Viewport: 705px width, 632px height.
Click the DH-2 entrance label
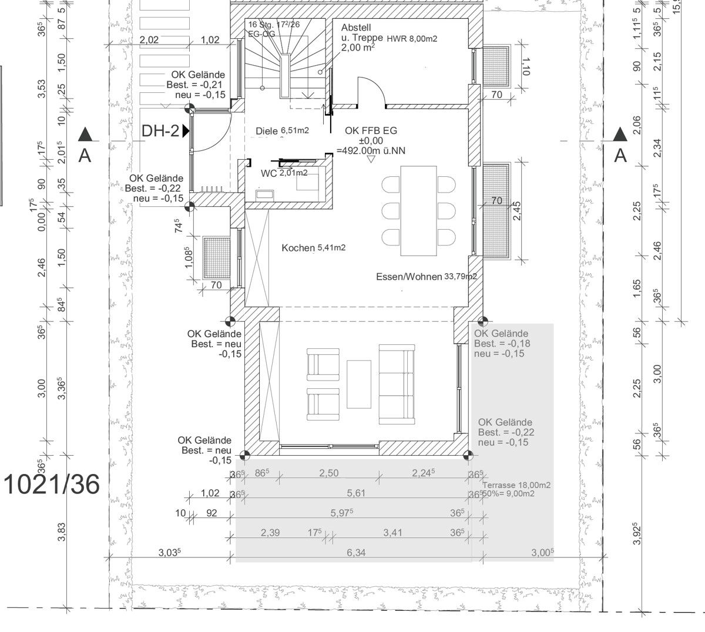coord(160,131)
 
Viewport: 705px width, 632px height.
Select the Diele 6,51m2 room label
coord(283,131)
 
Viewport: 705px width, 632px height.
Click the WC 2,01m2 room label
coord(284,173)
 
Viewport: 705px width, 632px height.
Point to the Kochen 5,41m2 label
coord(313,248)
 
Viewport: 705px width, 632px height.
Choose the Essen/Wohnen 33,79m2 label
coord(426,276)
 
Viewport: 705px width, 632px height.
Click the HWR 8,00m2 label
coord(412,39)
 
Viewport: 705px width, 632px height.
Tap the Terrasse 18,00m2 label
coord(516,486)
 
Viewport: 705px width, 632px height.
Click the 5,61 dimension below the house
coord(356,493)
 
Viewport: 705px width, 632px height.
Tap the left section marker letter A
coord(86,156)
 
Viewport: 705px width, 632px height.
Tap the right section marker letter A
coord(620,156)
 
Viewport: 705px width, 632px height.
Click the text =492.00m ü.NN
coord(371,151)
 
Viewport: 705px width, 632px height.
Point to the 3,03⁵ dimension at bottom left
coord(170,553)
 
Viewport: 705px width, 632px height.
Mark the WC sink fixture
coord(263,194)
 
